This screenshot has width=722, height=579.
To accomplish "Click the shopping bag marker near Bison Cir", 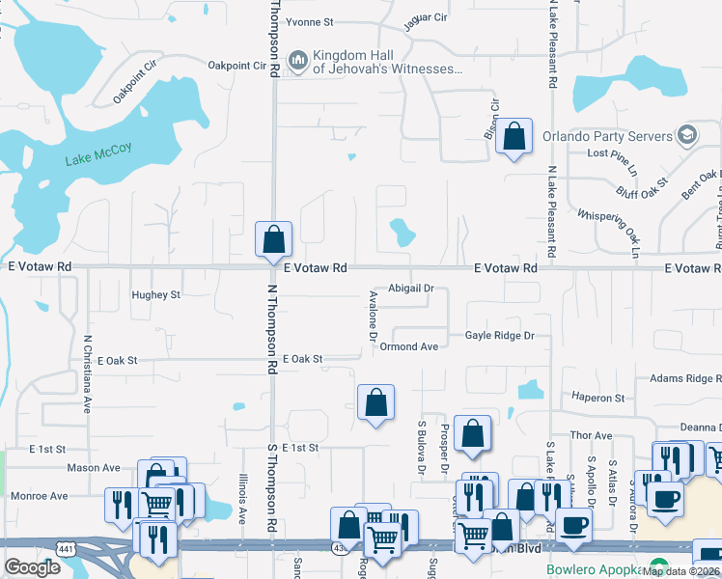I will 515,138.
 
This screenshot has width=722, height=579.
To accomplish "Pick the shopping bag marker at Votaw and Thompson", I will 273,240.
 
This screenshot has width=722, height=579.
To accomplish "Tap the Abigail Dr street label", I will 411,288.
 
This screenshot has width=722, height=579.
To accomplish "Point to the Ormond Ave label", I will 409,346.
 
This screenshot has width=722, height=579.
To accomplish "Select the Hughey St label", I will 156,294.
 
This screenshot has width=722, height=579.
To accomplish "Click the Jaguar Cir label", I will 426,17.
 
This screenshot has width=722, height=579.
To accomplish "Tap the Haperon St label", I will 597,398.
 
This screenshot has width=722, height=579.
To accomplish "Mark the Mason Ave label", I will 93,468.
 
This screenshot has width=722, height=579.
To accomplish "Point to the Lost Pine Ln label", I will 613,154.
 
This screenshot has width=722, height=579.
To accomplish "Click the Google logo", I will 33,566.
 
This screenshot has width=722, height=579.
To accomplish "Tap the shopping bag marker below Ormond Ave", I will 375,403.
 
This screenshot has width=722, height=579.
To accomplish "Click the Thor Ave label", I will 592,436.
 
